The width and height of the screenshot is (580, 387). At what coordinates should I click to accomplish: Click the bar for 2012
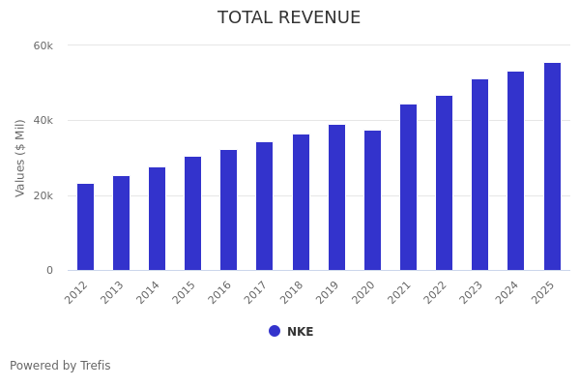tap(85, 227)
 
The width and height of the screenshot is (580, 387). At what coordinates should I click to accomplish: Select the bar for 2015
tap(193, 214)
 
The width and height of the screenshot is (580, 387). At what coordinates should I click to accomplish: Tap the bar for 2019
tap(336, 197)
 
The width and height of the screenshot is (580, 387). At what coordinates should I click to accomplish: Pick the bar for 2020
tap(372, 200)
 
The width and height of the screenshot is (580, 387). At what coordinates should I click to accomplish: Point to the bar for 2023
tap(480, 175)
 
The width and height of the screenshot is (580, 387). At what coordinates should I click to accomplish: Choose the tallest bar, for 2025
tap(552, 166)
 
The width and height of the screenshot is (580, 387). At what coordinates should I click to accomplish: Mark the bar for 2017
tap(265, 206)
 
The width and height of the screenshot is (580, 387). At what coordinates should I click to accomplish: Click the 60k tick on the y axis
tap(43, 45)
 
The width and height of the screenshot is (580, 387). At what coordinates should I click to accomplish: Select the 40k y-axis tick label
tap(43, 121)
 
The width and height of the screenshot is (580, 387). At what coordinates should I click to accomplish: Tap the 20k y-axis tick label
tap(43, 195)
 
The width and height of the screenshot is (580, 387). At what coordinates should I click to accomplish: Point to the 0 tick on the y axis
tap(49, 271)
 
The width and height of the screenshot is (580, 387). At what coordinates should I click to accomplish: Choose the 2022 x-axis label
tap(437, 291)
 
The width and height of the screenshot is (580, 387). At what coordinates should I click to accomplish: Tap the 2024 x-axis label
tap(508, 291)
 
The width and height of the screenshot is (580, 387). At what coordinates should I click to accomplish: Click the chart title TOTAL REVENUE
tap(289, 18)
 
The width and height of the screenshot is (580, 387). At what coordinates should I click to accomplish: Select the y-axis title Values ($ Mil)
tap(20, 158)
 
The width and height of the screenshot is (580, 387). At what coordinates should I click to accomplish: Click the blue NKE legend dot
tap(275, 331)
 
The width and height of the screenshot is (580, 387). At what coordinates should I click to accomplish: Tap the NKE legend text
tap(300, 332)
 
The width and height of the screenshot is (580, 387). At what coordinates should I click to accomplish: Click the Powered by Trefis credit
tap(60, 366)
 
